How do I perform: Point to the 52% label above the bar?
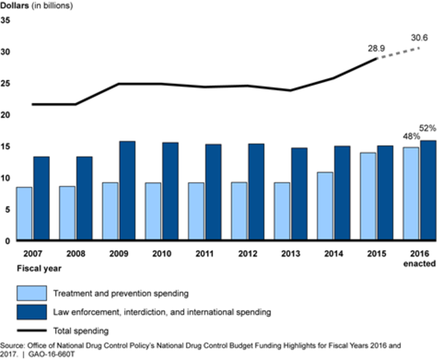pos(428,128)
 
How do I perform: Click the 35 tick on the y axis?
pos(5,20)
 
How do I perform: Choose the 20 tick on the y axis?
pos(5,115)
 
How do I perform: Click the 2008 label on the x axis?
pos(76,253)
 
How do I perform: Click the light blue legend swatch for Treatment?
pos(31,294)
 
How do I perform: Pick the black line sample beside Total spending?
pos(31,331)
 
